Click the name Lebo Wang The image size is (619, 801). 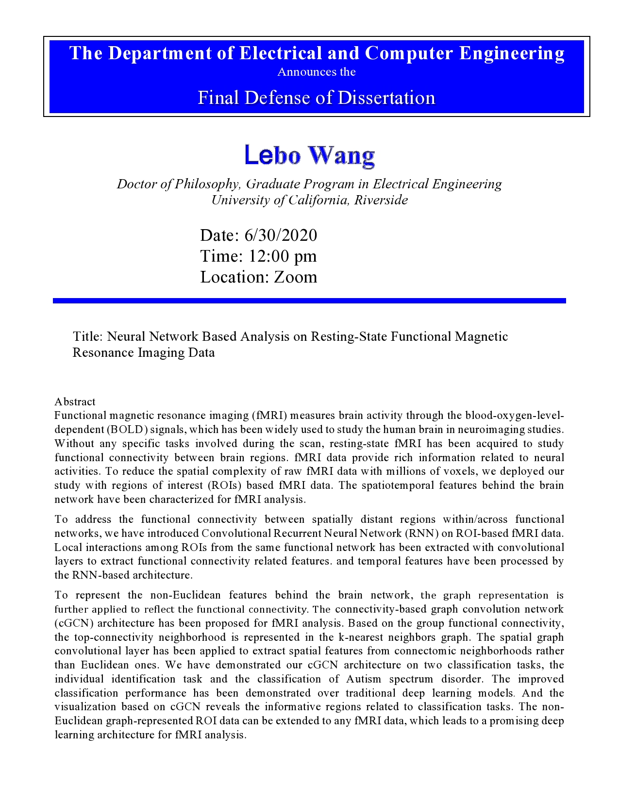(x=309, y=155)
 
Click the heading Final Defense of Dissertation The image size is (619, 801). (x=317, y=98)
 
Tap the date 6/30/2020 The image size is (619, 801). (x=281, y=235)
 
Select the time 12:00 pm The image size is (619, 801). (x=283, y=256)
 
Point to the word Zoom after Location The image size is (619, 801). (x=295, y=277)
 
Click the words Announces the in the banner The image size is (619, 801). (x=317, y=72)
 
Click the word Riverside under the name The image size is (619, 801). (x=381, y=200)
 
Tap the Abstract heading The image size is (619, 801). (x=75, y=401)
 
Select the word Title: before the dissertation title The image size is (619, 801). (x=88, y=336)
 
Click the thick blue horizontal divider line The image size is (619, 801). (x=309, y=301)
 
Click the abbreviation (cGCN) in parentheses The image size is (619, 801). (x=69, y=623)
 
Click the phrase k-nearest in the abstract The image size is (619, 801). (x=358, y=637)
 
